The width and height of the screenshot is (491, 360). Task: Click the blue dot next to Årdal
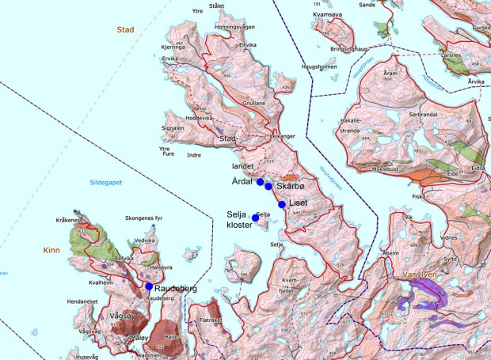[260, 182]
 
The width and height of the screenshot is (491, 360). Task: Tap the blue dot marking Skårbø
[268, 186]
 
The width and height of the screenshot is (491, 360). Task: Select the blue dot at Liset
[282, 204]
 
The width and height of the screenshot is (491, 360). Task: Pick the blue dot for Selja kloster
[255, 218]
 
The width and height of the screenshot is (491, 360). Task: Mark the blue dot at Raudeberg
[149, 286]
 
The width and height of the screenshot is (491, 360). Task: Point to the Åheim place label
[390, 253]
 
